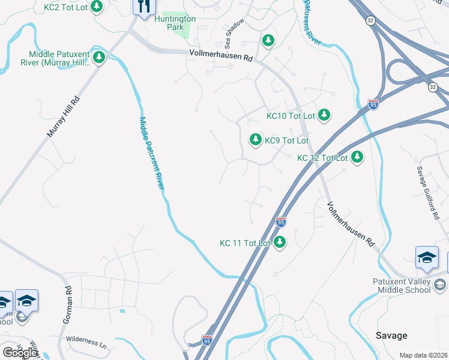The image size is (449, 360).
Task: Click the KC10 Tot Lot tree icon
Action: coord(324,115)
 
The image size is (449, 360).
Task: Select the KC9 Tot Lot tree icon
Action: coord(256,140)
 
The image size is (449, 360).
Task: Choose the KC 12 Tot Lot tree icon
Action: coord(357,157)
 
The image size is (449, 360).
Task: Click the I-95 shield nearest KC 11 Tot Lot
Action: coord(280,223)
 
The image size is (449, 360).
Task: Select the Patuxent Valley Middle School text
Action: coord(395,286)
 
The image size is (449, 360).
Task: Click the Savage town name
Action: coord(391,335)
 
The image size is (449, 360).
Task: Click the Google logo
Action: coord(20,352)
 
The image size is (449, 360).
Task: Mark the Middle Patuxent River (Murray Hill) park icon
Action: coord(99,58)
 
